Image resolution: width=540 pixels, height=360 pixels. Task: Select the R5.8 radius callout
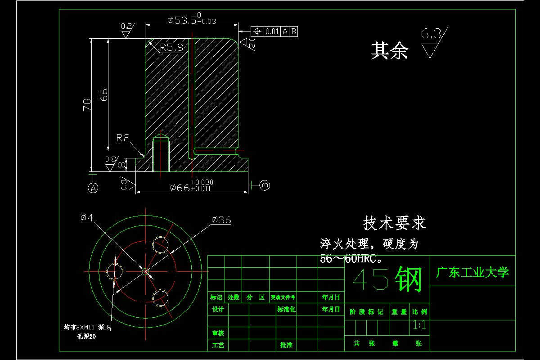tap(171, 47)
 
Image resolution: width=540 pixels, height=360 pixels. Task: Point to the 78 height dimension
tap(87, 104)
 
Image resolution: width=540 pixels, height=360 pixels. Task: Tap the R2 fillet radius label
tap(123, 138)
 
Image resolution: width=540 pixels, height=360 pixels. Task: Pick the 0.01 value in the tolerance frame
tap(272, 31)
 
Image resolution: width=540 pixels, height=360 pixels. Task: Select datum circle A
tap(93, 188)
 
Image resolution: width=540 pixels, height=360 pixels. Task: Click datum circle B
tap(265, 184)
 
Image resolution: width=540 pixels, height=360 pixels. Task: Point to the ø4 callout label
tap(87, 218)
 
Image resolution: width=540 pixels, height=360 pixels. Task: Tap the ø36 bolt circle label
tap(221, 220)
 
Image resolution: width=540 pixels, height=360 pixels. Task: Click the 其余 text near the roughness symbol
tap(389, 51)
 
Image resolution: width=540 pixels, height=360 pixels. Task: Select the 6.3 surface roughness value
tap(431, 34)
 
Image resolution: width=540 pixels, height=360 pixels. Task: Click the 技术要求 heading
tap(394, 223)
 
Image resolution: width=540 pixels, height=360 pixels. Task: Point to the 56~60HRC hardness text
tap(351, 258)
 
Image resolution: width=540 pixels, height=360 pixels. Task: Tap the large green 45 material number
tap(370, 279)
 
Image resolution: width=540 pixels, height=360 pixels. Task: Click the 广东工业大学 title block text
tap(472, 272)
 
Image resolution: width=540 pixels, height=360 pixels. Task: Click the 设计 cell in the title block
tap(218, 310)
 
